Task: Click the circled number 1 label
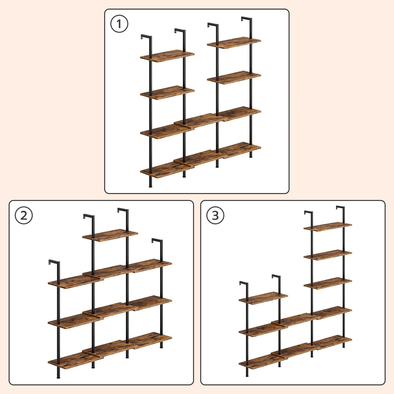pyautogui.click(x=119, y=24)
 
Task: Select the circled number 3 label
pyautogui.click(x=215, y=215)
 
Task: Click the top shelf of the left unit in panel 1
pyautogui.click(x=167, y=56)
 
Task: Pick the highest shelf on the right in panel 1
pyautogui.click(x=234, y=43)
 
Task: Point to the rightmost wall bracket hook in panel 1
pyautogui.click(x=247, y=19)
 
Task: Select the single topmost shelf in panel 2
pyautogui.click(x=110, y=235)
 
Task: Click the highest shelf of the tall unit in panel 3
pyautogui.click(x=328, y=227)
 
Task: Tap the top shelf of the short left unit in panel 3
pyautogui.click(x=263, y=298)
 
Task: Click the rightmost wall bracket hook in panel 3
pyautogui.click(x=340, y=208)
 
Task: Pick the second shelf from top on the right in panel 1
pyautogui.click(x=234, y=78)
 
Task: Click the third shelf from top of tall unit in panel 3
pyautogui.click(x=328, y=283)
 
